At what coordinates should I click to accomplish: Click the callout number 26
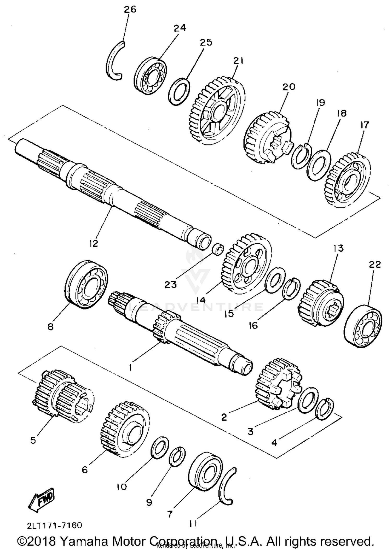pos(130,10)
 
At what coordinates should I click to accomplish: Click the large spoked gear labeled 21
pos(217,111)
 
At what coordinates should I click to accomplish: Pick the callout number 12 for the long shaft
pos(94,243)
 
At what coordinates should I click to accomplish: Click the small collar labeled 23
pos(217,250)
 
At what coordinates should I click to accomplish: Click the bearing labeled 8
pos(86,285)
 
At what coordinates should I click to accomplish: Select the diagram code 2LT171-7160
pos(54,518)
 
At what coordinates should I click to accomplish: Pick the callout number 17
pos(364,125)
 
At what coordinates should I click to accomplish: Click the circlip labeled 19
pos(300,157)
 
